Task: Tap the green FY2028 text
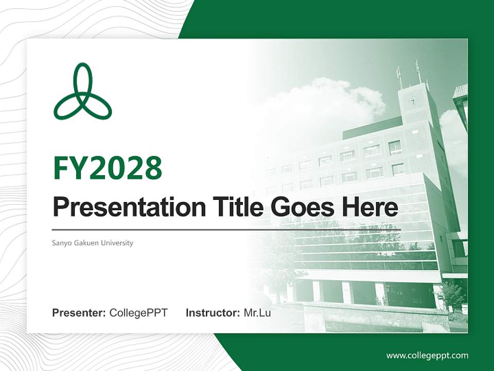(x=108, y=168)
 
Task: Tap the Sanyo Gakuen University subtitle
(x=93, y=243)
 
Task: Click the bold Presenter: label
(x=79, y=313)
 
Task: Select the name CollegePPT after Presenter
(x=138, y=313)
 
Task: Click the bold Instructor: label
(x=213, y=313)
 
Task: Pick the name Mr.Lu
(x=257, y=313)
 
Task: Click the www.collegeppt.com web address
(x=427, y=356)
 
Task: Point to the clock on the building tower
(x=412, y=100)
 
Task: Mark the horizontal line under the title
(x=226, y=229)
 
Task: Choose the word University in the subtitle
(x=117, y=243)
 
